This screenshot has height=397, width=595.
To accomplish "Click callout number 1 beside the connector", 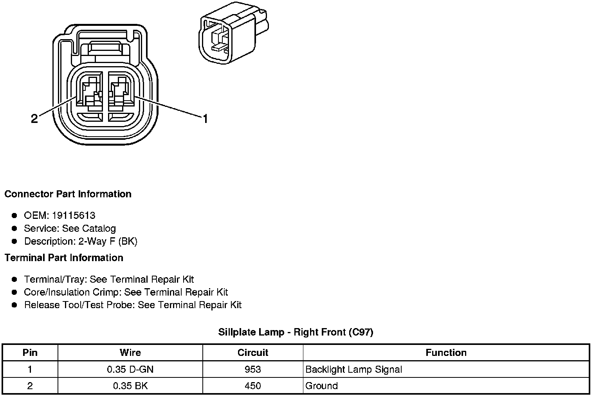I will tap(205, 118).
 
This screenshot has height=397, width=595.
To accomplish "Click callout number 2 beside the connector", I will tap(34, 119).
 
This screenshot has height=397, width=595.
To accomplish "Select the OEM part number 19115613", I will tap(76, 215).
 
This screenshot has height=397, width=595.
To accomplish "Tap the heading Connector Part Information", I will tap(68, 194).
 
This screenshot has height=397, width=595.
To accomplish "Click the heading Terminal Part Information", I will tap(64, 258).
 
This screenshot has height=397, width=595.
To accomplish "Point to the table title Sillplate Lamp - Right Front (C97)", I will tap(296, 332).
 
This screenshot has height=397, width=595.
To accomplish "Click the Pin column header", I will tap(30, 353).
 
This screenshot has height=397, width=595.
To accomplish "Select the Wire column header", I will tap(130, 353).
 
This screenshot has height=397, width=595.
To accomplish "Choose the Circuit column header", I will tap(253, 353).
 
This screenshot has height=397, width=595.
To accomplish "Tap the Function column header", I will tap(446, 353).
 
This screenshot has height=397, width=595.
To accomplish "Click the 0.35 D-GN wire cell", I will tap(130, 369).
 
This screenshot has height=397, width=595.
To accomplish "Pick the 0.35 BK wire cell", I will tap(130, 386).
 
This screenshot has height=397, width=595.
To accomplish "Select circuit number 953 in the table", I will tap(253, 369).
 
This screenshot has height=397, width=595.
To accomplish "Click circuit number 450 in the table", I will tap(253, 386).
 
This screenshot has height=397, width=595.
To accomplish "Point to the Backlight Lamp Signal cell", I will tap(353, 369).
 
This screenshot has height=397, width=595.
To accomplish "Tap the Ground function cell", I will tap(321, 386).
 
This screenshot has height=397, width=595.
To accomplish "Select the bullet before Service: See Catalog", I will tap(14, 228).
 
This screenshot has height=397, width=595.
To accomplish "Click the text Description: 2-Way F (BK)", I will tap(81, 241).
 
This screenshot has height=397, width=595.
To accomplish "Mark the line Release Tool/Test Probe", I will tap(133, 305).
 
